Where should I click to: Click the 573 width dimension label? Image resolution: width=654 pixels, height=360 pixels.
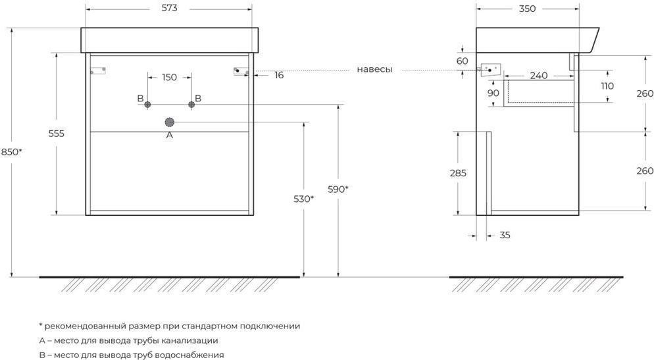click(x=169, y=8)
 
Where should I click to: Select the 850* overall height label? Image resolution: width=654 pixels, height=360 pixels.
click(x=11, y=152)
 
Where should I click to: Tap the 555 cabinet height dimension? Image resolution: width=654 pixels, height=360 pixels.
click(x=57, y=134)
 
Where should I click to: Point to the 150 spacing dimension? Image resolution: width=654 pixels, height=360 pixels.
click(x=169, y=77)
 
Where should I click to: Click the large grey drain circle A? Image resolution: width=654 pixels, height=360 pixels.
click(x=169, y=122)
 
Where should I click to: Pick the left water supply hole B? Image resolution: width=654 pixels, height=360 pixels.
click(x=147, y=105)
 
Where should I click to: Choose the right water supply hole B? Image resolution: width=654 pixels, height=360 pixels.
click(x=191, y=105)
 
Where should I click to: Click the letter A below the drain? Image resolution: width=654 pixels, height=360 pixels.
click(x=169, y=135)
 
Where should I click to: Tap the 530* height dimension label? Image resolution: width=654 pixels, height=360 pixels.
click(x=304, y=199)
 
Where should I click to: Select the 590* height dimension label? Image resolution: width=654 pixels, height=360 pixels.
click(x=338, y=190)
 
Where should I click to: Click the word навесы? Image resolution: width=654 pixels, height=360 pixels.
click(x=374, y=70)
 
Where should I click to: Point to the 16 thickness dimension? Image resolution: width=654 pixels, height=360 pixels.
click(x=279, y=76)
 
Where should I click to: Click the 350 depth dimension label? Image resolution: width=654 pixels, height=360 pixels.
click(x=527, y=9)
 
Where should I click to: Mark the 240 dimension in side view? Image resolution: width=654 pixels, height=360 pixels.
click(x=538, y=76)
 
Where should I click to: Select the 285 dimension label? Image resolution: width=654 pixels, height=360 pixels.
click(x=458, y=173)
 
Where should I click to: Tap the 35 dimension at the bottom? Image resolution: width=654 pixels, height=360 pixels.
click(x=505, y=235)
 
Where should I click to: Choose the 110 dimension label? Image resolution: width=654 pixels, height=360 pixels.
click(x=607, y=86)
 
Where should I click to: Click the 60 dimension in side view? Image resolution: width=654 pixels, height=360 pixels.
click(x=462, y=61)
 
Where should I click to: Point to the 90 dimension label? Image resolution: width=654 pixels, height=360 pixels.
click(x=493, y=93)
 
